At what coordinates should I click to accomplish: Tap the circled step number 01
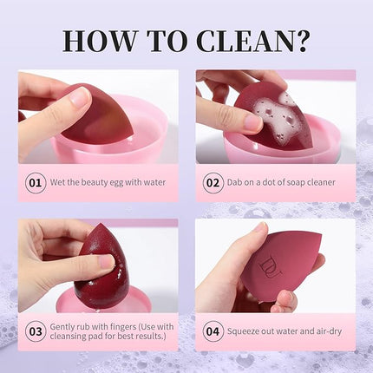[x=36, y=183]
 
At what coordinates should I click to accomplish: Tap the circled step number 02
[x=213, y=183]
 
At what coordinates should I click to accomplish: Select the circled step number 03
[x=36, y=331]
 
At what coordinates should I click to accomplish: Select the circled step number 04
[x=213, y=331]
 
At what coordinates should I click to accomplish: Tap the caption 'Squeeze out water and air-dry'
[x=284, y=331]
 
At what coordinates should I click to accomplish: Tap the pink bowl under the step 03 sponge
[x=139, y=299]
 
